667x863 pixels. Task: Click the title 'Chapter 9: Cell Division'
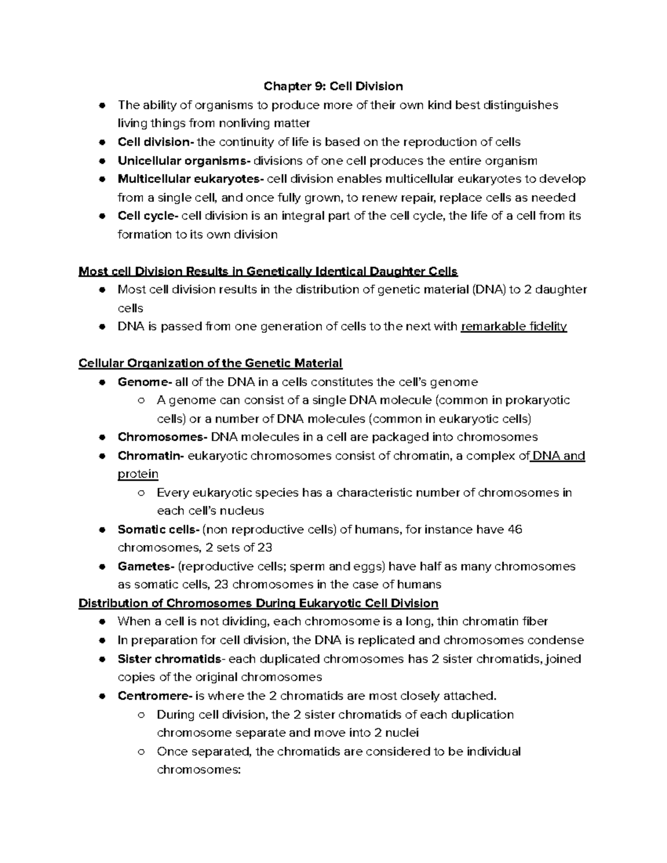pos(333,86)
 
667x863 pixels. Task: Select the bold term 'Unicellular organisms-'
pos(184,161)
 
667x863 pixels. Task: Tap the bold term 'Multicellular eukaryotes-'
pos(191,179)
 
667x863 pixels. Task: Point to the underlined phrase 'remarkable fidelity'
pos(514,326)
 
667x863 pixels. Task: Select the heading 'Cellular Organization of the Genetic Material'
pos(211,363)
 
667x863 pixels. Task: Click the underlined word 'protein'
pos(138,474)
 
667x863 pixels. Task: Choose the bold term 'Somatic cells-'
pos(158,530)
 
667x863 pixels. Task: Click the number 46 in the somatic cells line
pos(515,530)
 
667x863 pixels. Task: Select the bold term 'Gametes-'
pos(146,566)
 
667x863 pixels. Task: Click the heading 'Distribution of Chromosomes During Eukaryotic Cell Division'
pos(258,603)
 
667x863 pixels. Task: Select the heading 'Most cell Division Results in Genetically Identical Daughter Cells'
pos(268,272)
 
